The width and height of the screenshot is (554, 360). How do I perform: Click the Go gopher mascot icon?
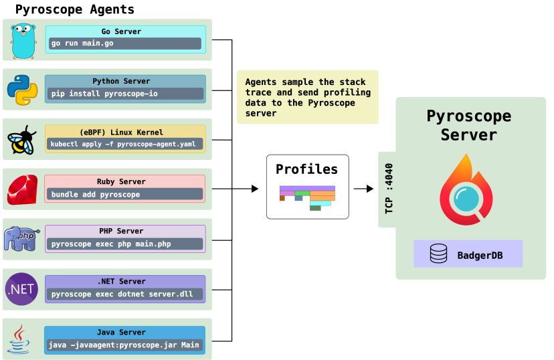coord(23,40)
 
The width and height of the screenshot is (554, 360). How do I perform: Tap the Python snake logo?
coord(22,90)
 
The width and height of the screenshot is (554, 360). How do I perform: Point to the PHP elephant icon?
coord(22,239)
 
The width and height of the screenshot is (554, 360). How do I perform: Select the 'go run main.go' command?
coord(124,43)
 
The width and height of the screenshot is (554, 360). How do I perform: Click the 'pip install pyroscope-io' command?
coord(124,94)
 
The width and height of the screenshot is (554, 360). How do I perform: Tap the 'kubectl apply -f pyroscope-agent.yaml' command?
coord(124,144)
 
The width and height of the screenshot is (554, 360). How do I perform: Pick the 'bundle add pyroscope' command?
coord(124,194)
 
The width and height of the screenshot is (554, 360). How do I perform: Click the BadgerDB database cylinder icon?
coord(438,254)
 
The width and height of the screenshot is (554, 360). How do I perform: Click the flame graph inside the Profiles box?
coord(307,197)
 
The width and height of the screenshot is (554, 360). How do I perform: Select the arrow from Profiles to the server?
coord(363,189)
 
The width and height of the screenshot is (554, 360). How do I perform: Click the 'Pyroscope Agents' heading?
coord(74,10)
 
